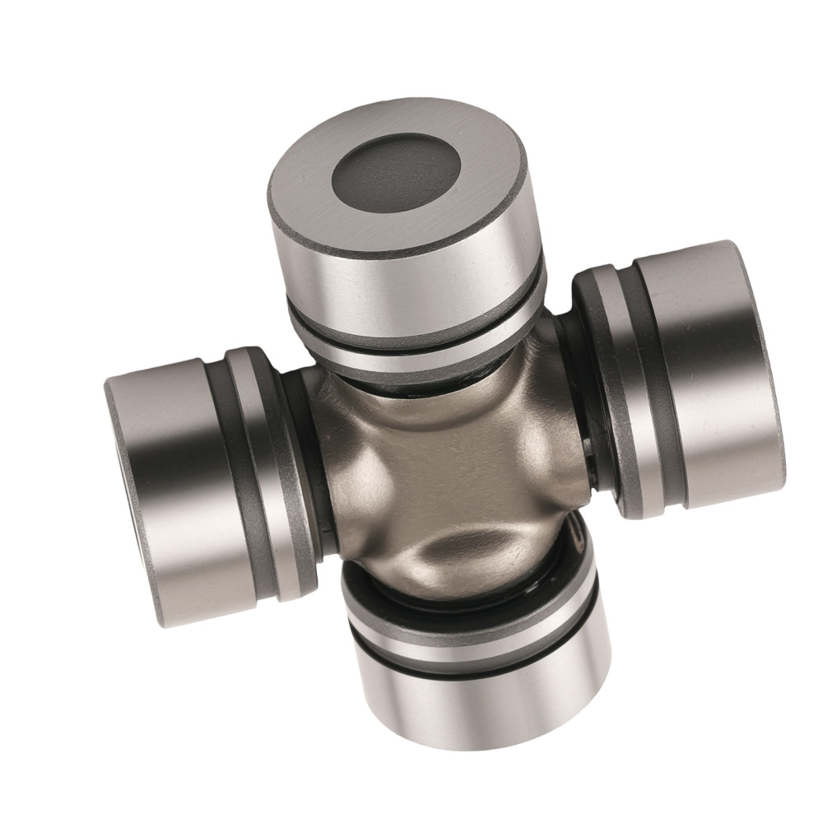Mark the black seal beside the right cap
tap(586, 428)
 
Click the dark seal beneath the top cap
tap(428, 380)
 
